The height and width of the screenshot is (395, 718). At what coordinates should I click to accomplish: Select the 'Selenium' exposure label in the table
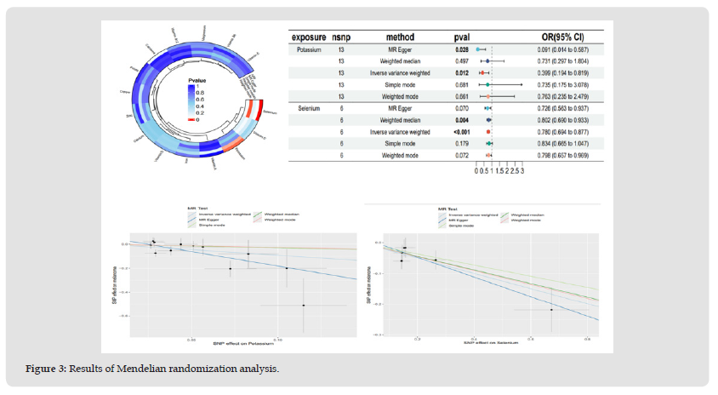click(x=308, y=109)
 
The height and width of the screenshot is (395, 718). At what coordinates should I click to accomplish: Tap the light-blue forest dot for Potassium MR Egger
click(x=478, y=50)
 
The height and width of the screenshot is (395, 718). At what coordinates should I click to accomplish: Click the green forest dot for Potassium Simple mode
click(x=487, y=85)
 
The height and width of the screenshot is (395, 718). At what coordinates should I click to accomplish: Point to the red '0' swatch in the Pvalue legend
click(x=192, y=120)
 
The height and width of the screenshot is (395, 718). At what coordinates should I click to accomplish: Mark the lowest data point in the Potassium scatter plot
click(x=303, y=305)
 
